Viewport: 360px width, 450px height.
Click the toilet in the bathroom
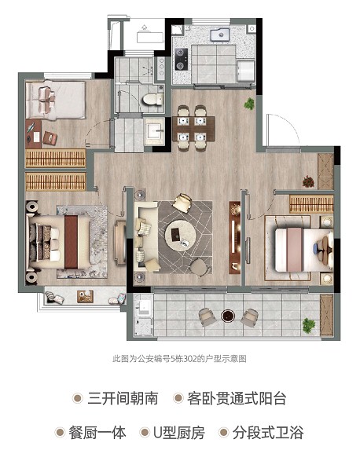[152, 99]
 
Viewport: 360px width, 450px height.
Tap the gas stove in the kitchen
[181, 59]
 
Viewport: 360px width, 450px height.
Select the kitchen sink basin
[220, 35]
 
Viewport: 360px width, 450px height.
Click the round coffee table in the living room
[181, 236]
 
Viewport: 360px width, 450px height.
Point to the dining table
[193, 128]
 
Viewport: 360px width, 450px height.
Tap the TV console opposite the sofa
[235, 237]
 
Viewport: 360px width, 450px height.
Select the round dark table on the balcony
[228, 316]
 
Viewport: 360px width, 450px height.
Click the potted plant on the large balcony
[309, 324]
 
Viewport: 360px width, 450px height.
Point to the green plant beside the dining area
[249, 104]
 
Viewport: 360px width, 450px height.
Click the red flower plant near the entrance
[308, 181]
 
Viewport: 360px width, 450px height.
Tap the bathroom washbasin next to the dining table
[155, 131]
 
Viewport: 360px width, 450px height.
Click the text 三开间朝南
[123, 398]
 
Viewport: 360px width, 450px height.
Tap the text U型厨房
[179, 433]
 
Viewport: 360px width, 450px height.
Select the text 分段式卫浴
[268, 433]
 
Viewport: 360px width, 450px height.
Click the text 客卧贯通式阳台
[237, 398]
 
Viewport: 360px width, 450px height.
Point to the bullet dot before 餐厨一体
[60, 433]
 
